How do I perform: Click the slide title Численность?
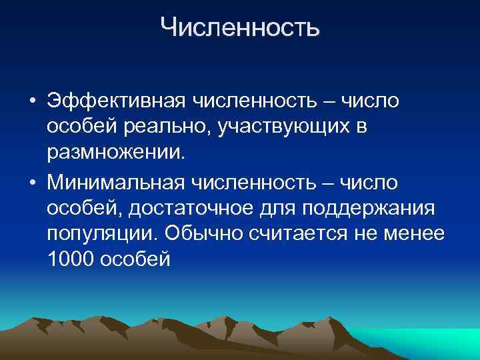click(x=240, y=27)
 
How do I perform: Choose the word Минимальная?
click(x=117, y=181)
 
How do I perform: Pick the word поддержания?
click(x=369, y=207)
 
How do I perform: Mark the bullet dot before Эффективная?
click(x=32, y=102)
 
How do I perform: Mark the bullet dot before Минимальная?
click(x=32, y=181)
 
